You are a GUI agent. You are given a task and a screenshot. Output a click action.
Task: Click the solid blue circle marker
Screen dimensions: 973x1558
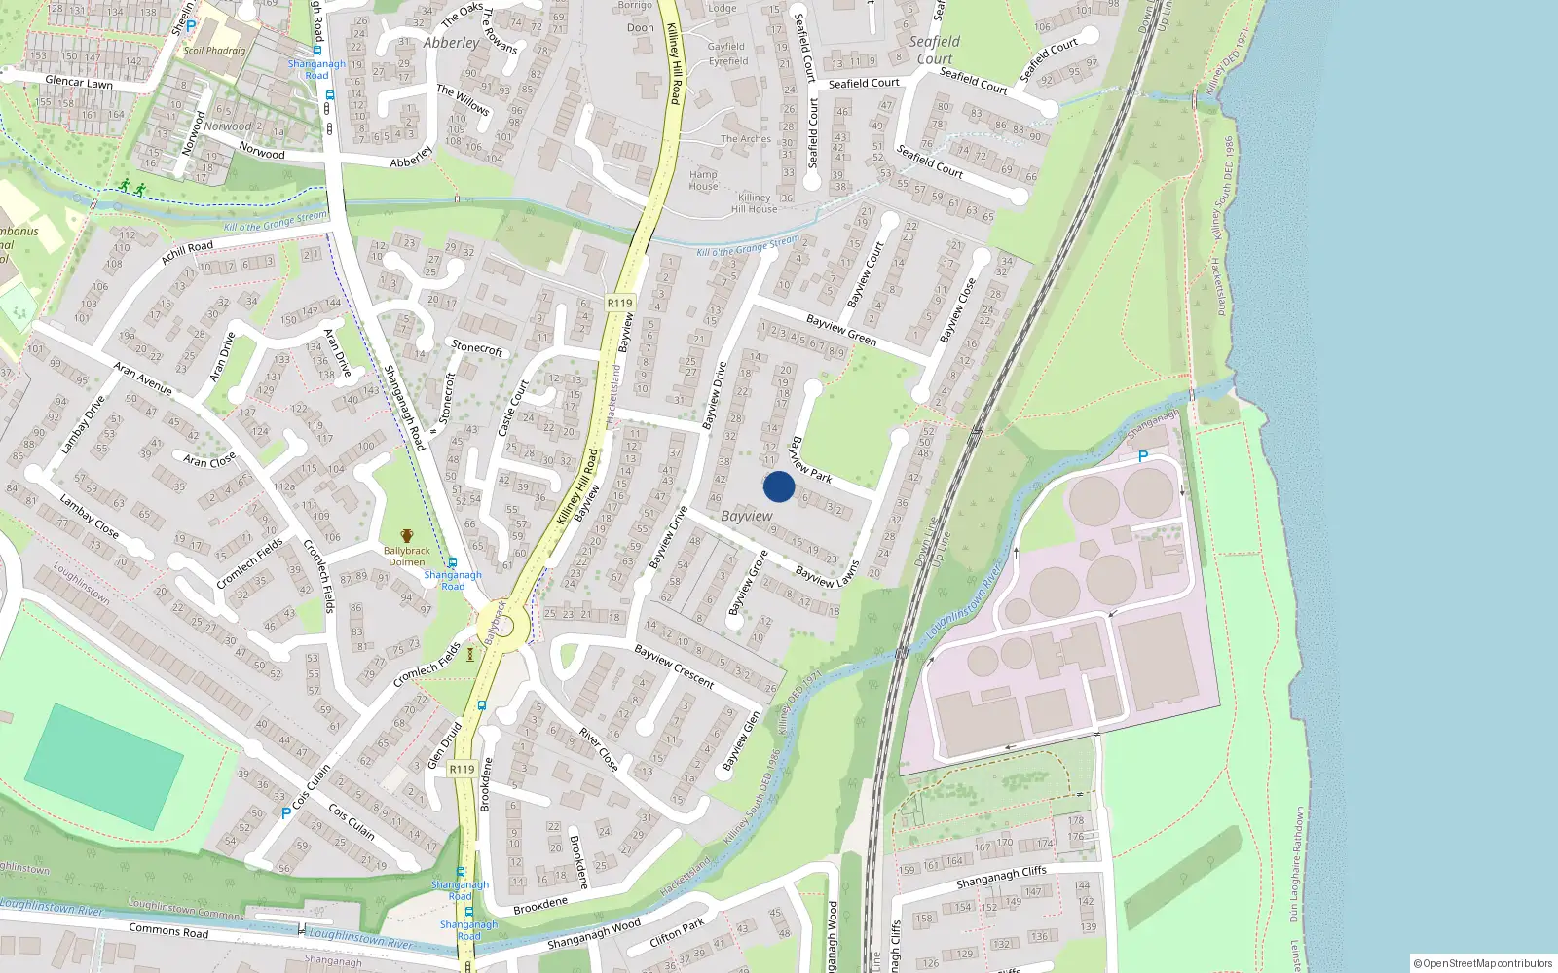coord(779,486)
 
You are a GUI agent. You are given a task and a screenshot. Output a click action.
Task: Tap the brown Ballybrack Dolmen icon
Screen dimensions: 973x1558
coord(407,536)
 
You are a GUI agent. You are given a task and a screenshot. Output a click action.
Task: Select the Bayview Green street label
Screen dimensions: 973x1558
coord(841,330)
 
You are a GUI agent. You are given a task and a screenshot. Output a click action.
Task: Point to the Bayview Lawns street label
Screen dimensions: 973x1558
coord(827,575)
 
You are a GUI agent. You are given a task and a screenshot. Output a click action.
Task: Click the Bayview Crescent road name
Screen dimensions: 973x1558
coord(674,666)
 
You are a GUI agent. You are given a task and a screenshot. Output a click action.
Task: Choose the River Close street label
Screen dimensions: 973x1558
coord(598,748)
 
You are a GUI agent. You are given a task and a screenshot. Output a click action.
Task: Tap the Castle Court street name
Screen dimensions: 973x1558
coord(512,407)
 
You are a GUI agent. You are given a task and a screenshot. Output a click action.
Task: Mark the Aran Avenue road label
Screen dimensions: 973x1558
coord(143,378)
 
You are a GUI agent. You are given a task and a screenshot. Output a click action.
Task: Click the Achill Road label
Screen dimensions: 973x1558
coord(187,252)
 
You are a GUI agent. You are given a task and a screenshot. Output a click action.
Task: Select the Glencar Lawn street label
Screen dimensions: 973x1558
coord(79,83)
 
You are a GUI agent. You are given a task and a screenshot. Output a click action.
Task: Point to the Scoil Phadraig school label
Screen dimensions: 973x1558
coord(214,51)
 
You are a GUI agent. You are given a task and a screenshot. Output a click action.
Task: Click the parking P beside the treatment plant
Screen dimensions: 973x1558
coord(1143,455)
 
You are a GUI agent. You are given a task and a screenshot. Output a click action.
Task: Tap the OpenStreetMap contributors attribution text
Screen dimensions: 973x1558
coord(1482,963)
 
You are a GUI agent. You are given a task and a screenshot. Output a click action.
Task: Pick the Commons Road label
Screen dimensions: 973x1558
coord(168,931)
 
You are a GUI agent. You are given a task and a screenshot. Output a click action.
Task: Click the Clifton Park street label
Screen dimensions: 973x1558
coord(677,932)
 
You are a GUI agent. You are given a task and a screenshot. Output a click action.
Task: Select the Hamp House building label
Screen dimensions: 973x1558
coord(703,181)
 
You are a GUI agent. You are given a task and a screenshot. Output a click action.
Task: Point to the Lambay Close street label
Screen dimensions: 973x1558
coord(90,517)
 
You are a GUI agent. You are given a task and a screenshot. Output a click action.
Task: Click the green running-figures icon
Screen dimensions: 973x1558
coord(131,187)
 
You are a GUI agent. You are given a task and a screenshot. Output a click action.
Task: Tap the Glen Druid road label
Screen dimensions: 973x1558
coord(445,744)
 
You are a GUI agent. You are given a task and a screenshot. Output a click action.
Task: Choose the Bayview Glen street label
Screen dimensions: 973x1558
coord(742,740)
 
